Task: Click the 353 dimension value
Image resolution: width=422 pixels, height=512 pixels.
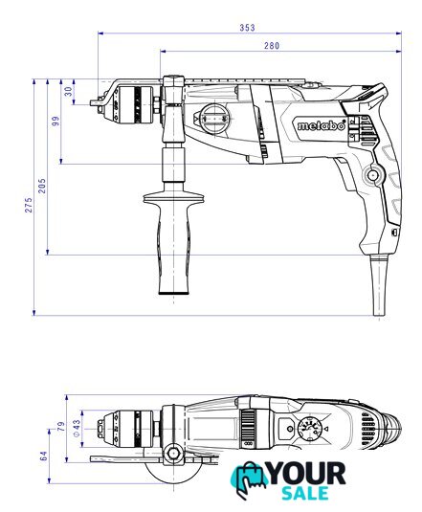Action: pos(247,28)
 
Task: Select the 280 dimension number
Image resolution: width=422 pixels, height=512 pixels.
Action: pos(272,46)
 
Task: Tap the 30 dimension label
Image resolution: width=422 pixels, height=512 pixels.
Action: pos(68,92)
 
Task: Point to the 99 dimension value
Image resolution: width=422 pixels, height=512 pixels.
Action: pos(56,122)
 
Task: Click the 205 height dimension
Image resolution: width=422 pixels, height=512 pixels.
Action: pos(42,186)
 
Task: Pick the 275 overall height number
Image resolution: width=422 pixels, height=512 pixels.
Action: pos(29,205)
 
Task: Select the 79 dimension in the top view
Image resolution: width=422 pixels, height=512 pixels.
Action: pos(61,427)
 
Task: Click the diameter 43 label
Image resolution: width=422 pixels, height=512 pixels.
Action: pos(76,428)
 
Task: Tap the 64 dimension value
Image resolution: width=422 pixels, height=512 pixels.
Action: pos(43,456)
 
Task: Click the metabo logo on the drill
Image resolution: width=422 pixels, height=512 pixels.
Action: pos(322,125)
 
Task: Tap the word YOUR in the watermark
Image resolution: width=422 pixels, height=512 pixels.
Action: pos(306,474)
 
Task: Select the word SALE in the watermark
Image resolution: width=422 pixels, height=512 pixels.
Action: pos(305,494)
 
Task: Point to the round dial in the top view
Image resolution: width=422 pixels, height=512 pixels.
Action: pos(309,429)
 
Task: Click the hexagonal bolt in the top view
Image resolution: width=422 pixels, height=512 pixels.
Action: pos(173,454)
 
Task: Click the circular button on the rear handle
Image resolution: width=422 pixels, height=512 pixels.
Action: pos(373,175)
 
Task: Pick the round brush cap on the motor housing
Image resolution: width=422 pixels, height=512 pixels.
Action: pos(214,119)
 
